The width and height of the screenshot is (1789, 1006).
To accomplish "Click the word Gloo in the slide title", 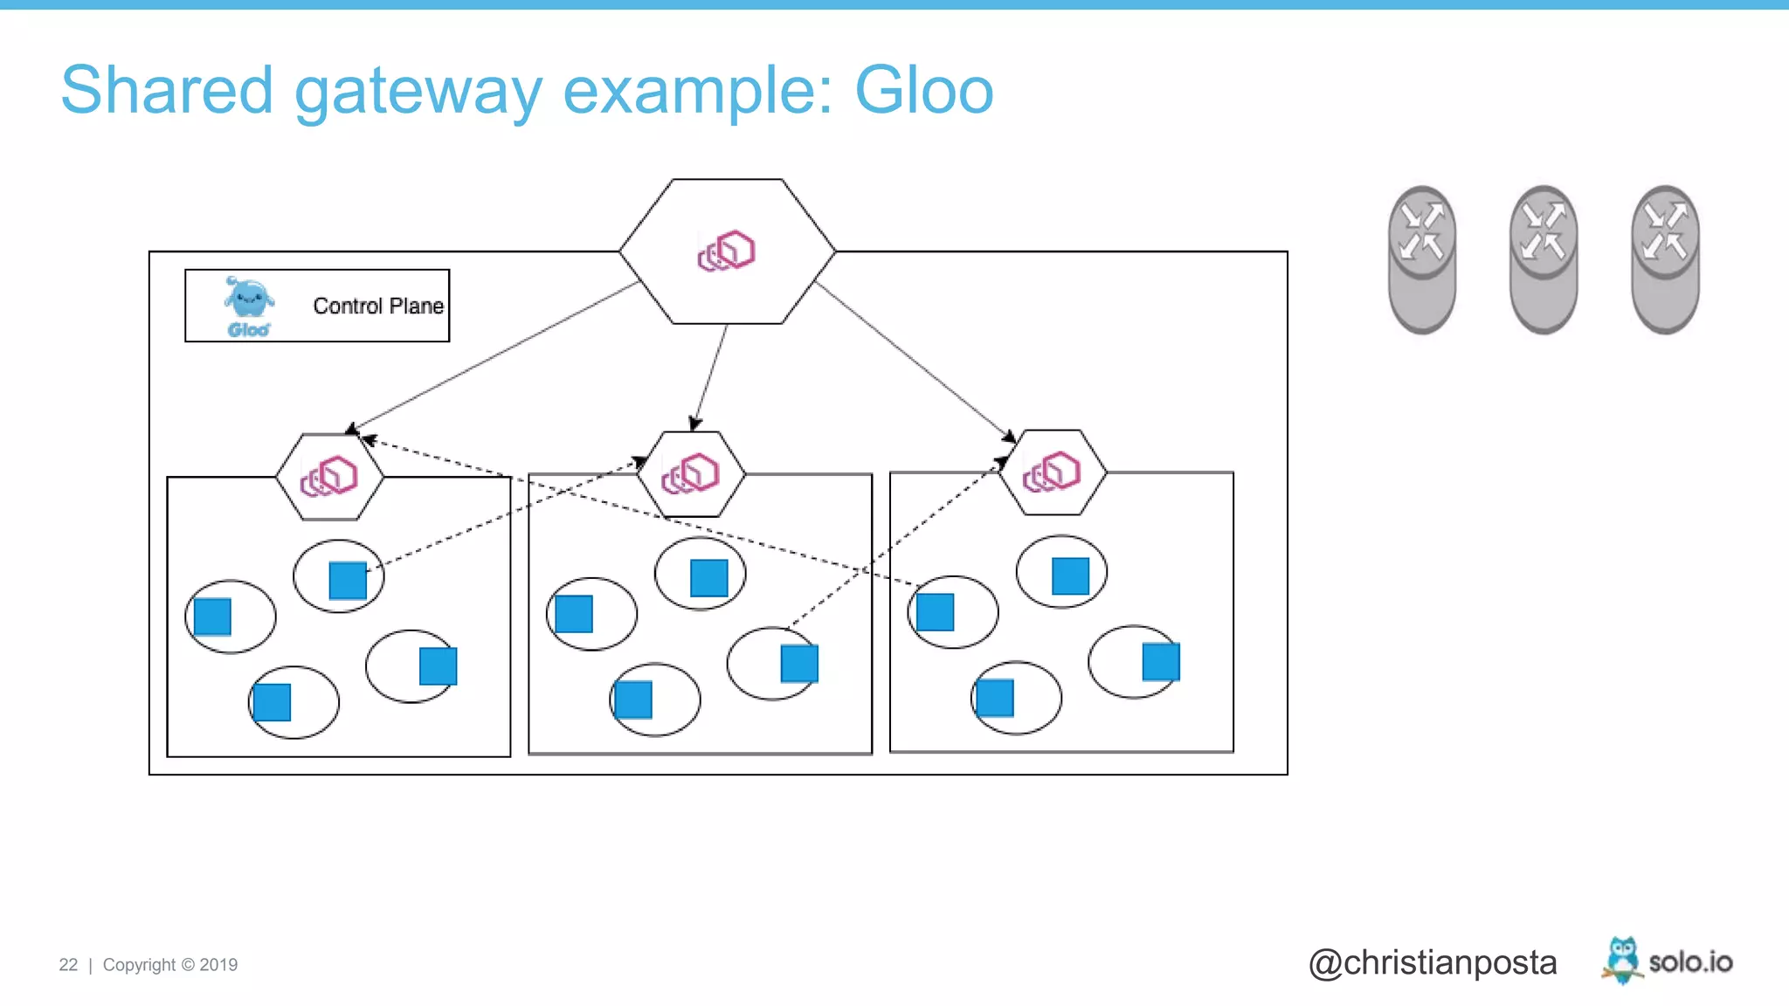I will (923, 91).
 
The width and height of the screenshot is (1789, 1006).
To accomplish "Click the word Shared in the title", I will (167, 91).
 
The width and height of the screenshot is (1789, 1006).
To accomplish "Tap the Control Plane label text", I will (377, 307).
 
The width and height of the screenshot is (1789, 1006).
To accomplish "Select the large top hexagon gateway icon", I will (727, 251).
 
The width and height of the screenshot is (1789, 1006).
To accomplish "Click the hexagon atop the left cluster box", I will (329, 477).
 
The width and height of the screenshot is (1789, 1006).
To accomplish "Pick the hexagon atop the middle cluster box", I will (691, 474).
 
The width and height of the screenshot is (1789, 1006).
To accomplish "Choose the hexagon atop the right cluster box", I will (1053, 472).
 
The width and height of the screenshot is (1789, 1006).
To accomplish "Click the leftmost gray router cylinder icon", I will (1421, 259).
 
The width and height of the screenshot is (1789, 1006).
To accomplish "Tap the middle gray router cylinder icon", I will (1543, 259).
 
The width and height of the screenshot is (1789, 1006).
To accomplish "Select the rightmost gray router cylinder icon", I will (1664, 259).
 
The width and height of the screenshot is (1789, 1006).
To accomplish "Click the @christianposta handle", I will (1433, 962).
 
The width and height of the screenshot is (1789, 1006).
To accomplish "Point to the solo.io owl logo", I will (1622, 960).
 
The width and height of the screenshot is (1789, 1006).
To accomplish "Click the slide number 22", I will (68, 965).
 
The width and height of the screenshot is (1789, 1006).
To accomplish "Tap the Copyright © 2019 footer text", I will (170, 965).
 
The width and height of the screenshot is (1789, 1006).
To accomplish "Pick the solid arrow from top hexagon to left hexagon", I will (494, 357).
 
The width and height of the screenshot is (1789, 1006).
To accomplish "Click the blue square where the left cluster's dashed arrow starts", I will (348, 581).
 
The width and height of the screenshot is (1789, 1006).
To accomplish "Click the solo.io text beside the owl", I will (1690, 962).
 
